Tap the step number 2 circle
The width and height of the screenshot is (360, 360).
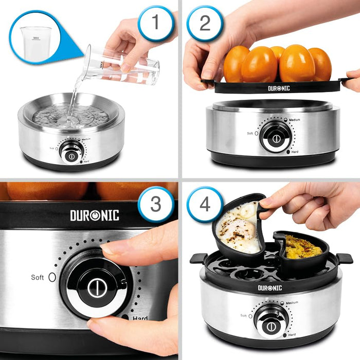205,23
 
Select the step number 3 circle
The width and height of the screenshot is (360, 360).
156,204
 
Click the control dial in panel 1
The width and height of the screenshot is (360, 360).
71,155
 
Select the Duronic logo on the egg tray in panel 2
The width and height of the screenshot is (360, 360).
279,88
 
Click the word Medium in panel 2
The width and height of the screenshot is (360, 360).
294,120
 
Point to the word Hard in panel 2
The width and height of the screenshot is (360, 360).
295,152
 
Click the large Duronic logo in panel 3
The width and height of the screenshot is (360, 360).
95,215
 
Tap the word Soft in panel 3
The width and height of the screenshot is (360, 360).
38,277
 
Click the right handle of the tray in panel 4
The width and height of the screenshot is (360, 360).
344,258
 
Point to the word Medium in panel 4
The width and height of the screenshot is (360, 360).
292,303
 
